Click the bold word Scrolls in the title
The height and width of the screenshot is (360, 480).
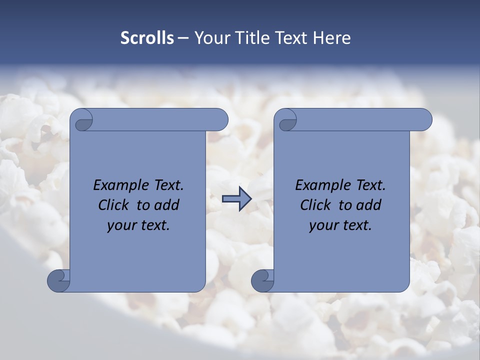click(x=147, y=38)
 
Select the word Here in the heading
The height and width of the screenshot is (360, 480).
click(x=332, y=38)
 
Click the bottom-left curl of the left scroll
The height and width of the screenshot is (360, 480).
click(x=58, y=280)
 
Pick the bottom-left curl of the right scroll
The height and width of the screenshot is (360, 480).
click(x=262, y=280)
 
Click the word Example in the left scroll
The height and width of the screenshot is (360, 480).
click(x=119, y=185)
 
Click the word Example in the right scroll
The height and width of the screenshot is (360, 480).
click(x=321, y=185)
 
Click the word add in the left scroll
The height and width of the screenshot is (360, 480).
click(x=167, y=205)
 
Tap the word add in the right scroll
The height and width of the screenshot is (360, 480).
click(x=369, y=205)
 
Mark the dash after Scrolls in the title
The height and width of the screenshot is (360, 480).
click(x=183, y=38)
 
